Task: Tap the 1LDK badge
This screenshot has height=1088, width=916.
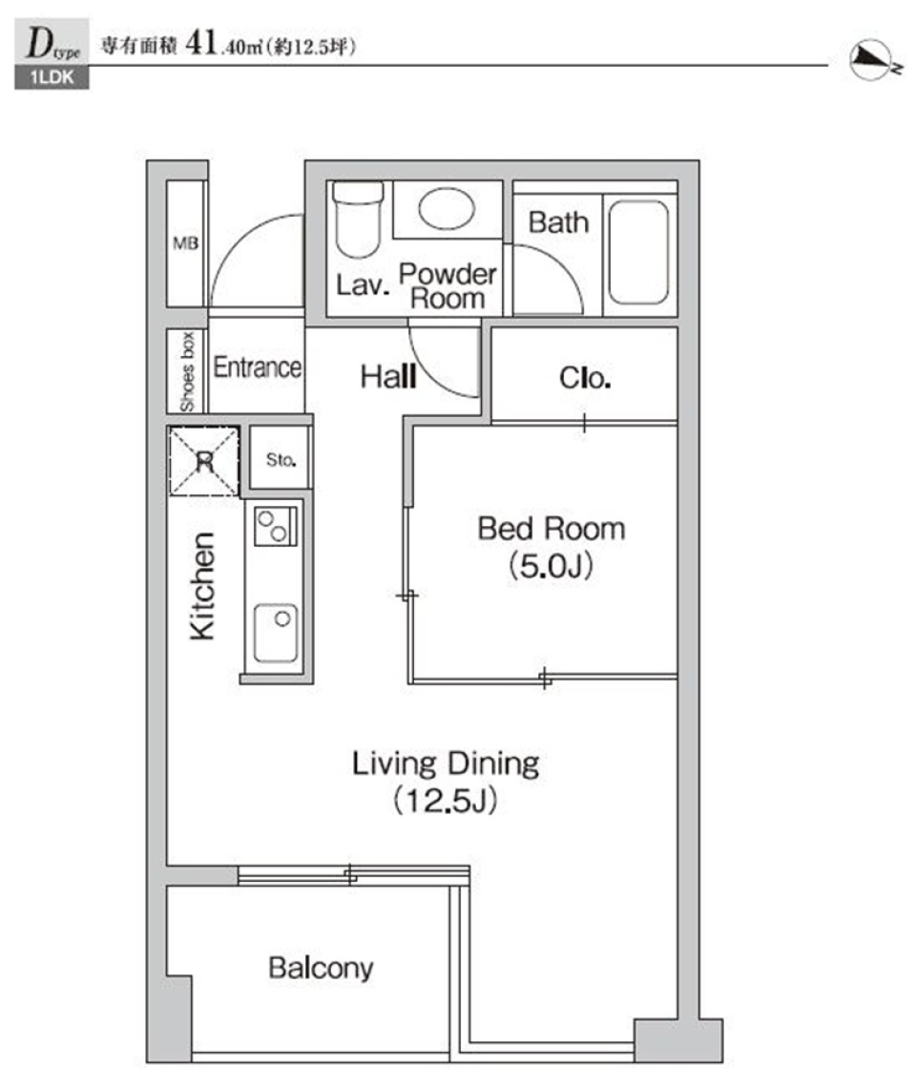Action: (52, 77)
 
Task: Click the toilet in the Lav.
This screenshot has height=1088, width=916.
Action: (358, 220)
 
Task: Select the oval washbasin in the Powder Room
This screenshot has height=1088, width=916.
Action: (447, 207)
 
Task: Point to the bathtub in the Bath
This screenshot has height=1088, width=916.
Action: (638, 252)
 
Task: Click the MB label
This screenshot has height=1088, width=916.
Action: (185, 243)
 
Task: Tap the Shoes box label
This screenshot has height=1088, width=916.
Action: (187, 372)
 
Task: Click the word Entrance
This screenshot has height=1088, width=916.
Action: (258, 367)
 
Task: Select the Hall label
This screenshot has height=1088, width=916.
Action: (388, 377)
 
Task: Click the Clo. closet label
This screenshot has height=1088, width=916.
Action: (585, 378)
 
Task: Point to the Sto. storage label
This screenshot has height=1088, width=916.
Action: (281, 459)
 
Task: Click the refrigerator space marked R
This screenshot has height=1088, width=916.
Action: (204, 461)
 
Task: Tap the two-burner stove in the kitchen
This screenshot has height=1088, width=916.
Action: (276, 526)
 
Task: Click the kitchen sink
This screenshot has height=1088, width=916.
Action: (276, 633)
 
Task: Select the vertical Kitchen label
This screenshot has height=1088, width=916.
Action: (202, 586)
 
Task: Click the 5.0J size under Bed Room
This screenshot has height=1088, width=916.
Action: (551, 566)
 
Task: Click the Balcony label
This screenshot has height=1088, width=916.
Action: (321, 968)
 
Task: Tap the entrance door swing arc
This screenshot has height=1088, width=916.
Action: (256, 261)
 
